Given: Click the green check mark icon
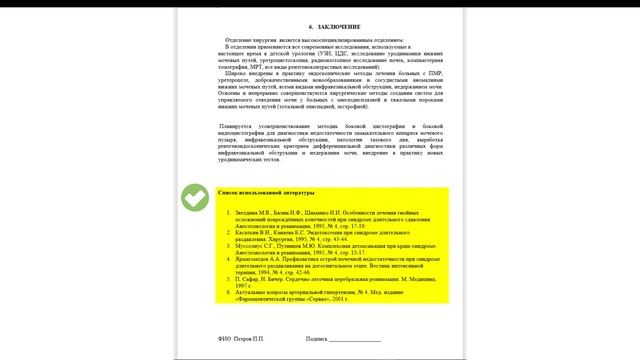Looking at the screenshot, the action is (x=194, y=200).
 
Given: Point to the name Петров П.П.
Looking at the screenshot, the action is (x=253, y=339).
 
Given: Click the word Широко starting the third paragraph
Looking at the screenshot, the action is (x=236, y=74).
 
